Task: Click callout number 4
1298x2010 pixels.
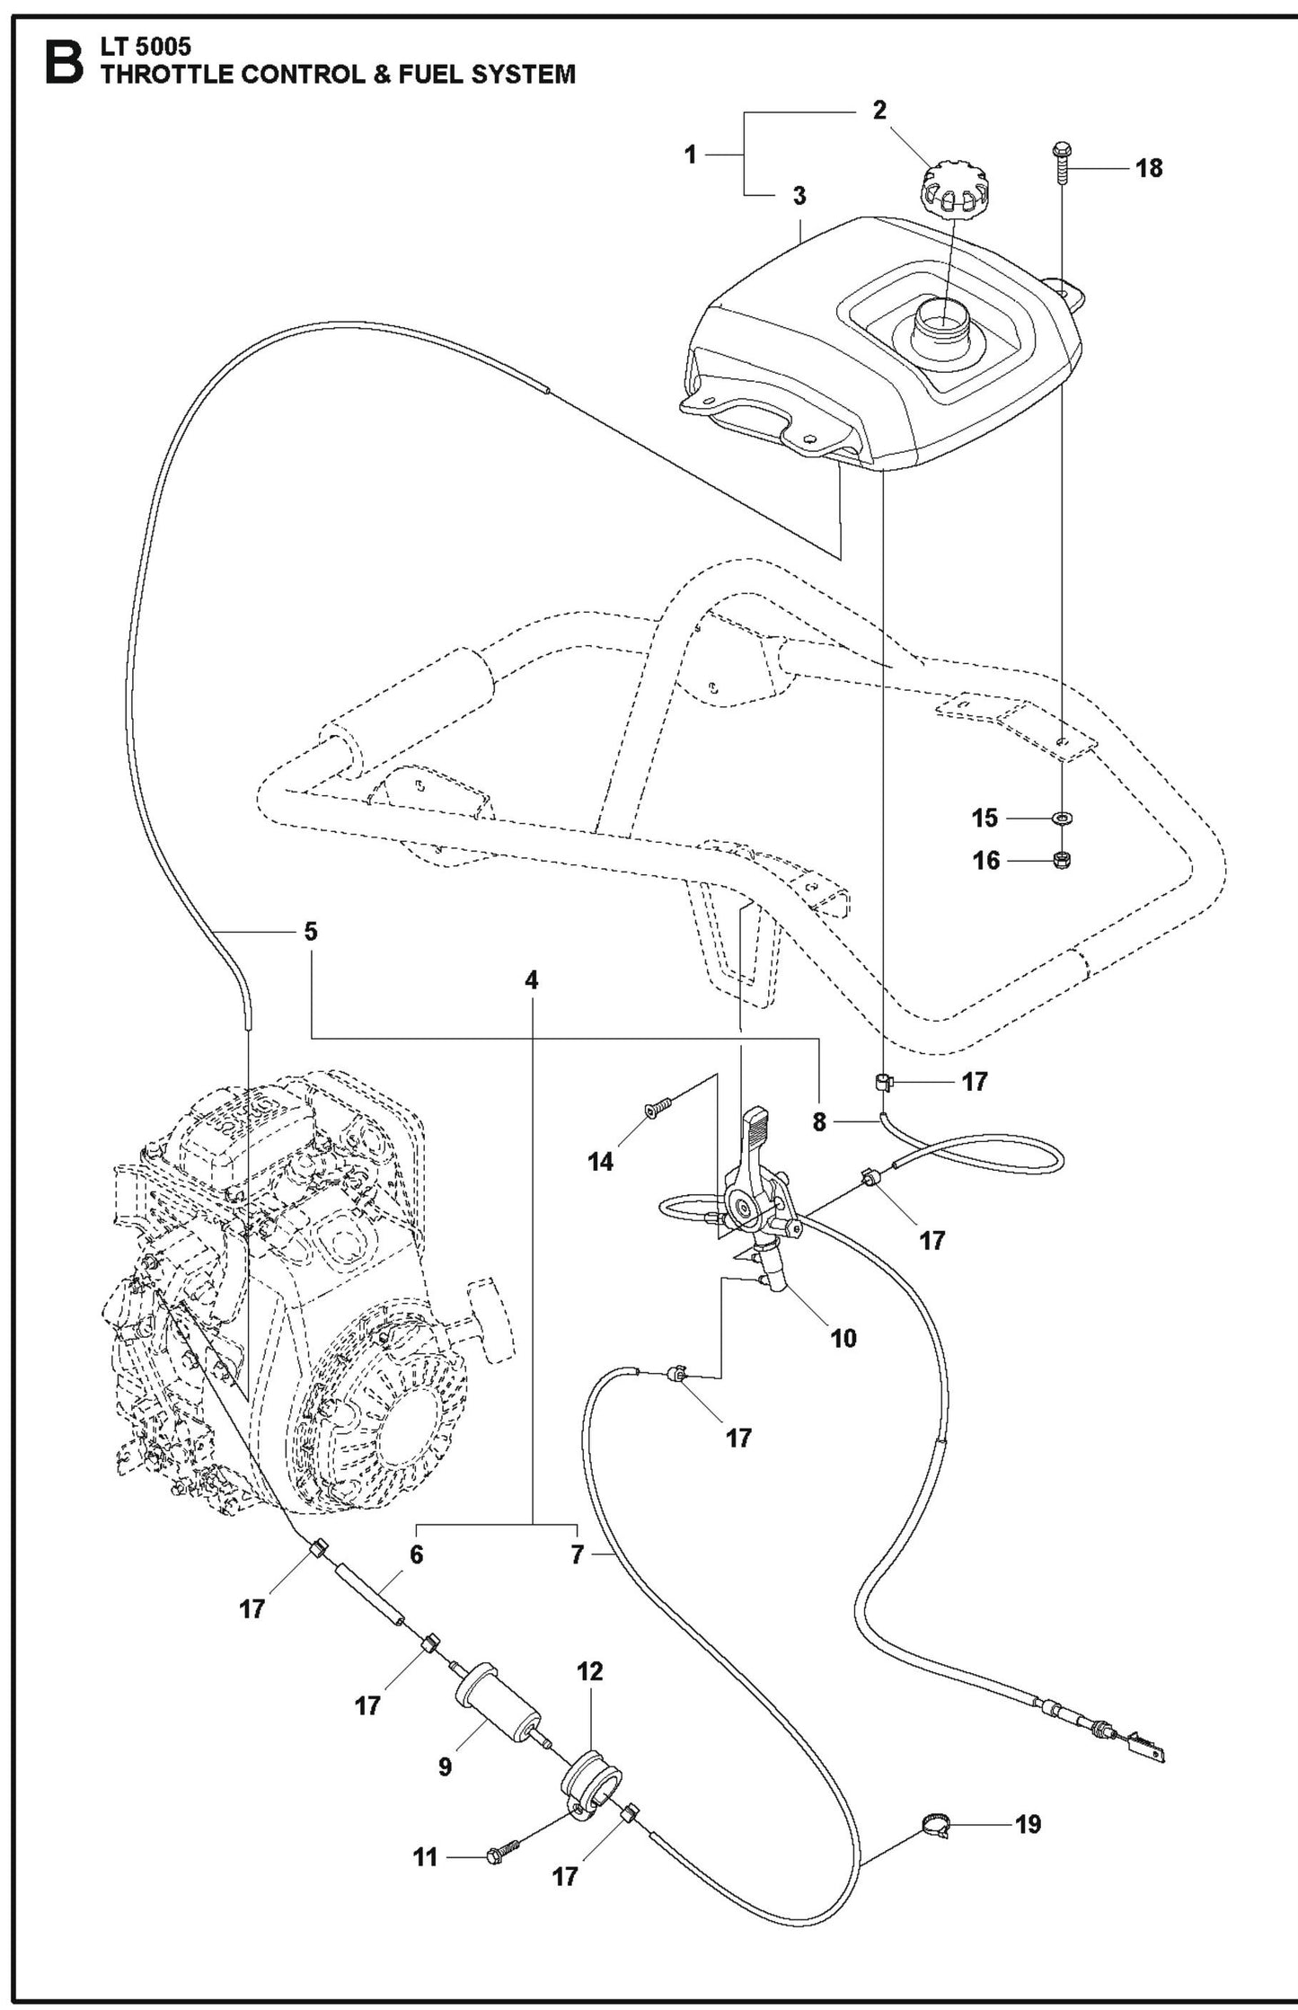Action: [x=532, y=980]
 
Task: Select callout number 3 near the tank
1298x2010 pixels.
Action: [x=799, y=196]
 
